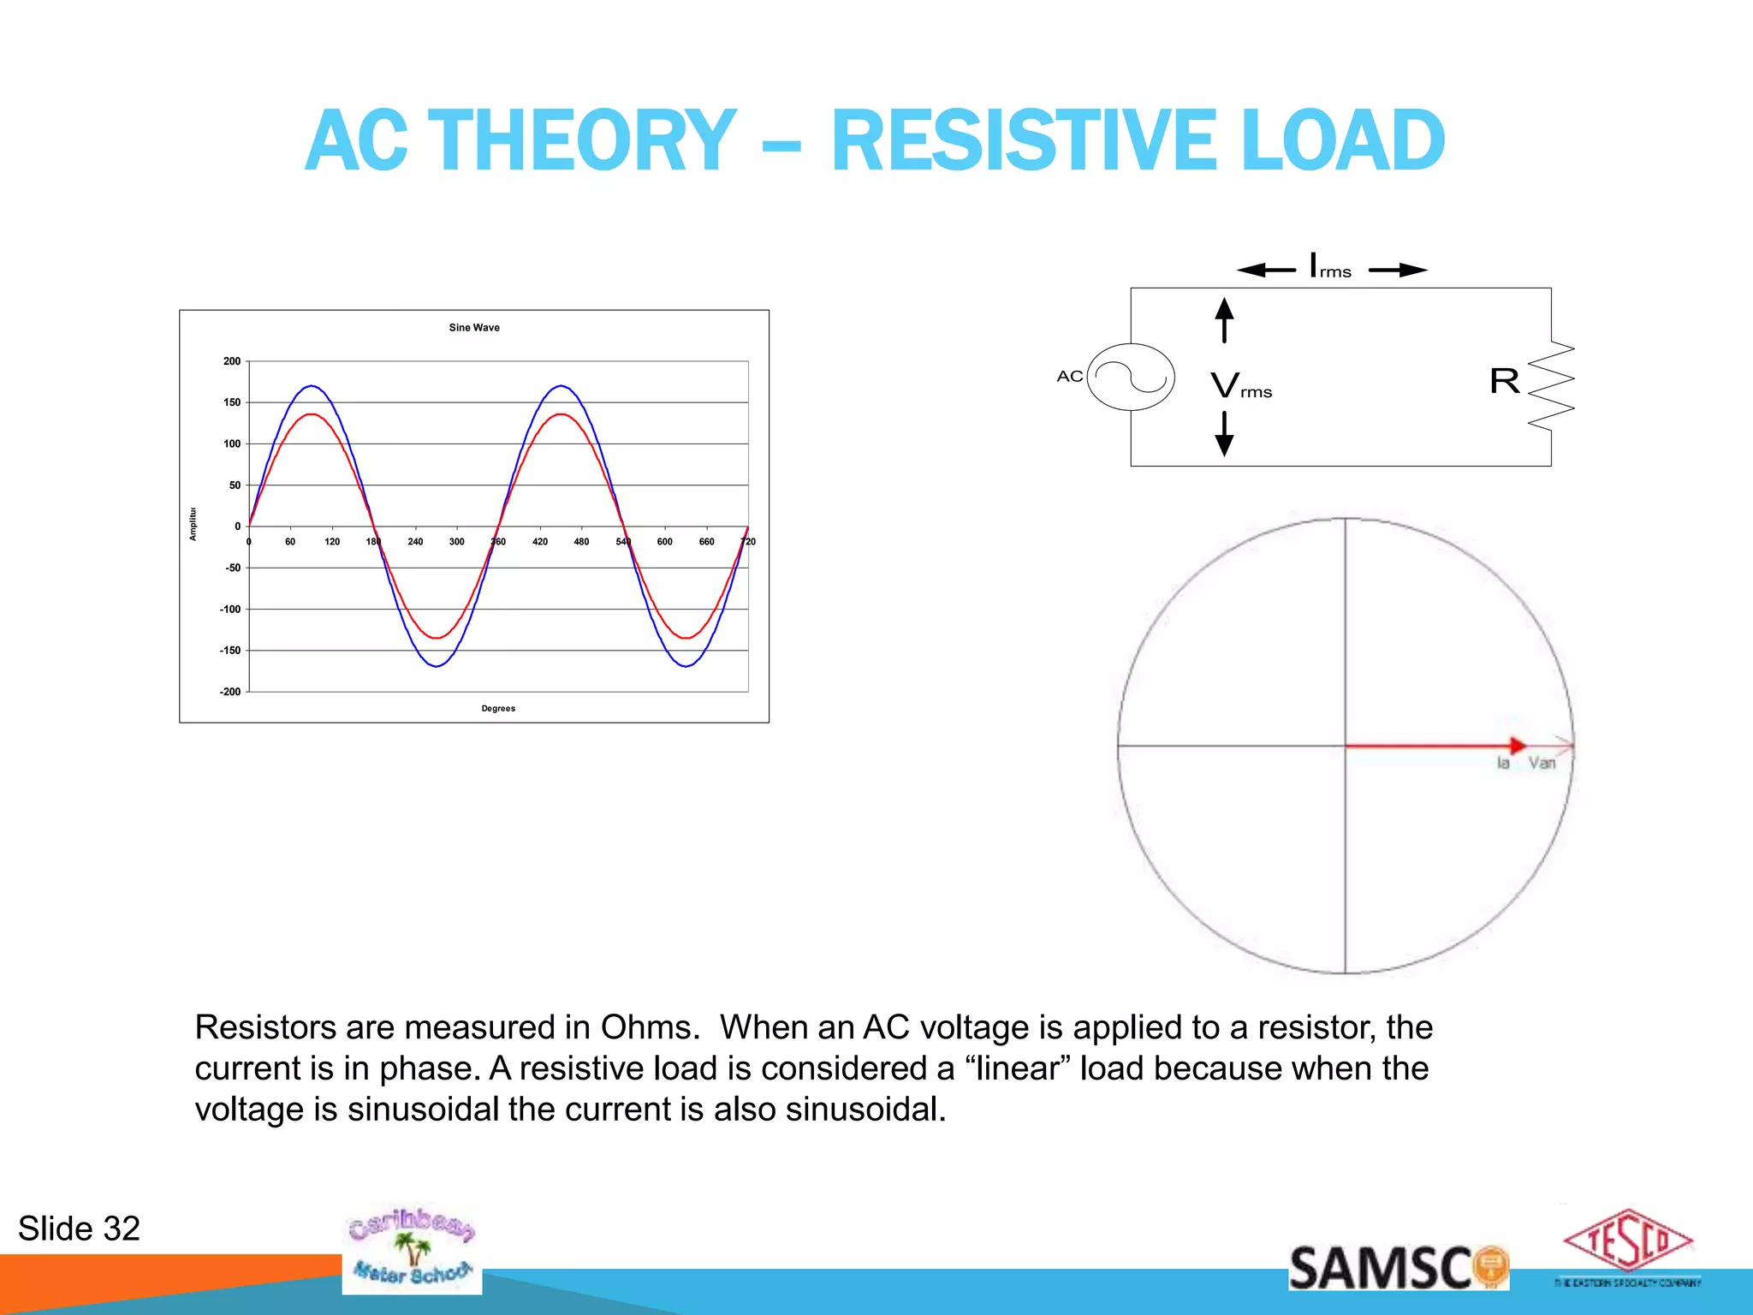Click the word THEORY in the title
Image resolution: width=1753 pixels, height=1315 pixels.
581,141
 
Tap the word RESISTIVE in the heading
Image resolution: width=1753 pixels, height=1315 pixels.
1024,141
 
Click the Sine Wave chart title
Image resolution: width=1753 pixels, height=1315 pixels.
474,327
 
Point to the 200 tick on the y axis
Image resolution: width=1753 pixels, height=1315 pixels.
232,361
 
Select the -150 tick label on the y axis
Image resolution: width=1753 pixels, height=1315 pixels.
230,651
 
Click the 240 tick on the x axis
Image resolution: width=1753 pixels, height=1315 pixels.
415,542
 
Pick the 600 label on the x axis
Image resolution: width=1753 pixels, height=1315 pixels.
664,542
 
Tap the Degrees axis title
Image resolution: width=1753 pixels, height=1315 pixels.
498,708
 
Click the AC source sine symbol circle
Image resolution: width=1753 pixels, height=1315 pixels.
1130,377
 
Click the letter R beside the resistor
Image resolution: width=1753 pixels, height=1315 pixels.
1504,381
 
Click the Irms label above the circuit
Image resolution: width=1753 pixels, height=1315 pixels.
1330,266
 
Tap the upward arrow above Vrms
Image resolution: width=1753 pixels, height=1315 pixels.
1225,319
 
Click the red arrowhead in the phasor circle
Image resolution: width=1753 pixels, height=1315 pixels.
1517,746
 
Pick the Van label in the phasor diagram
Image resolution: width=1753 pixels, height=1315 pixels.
1542,763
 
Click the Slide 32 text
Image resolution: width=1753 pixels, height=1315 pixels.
79,1229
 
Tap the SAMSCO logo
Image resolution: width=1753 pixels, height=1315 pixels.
1397,1268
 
